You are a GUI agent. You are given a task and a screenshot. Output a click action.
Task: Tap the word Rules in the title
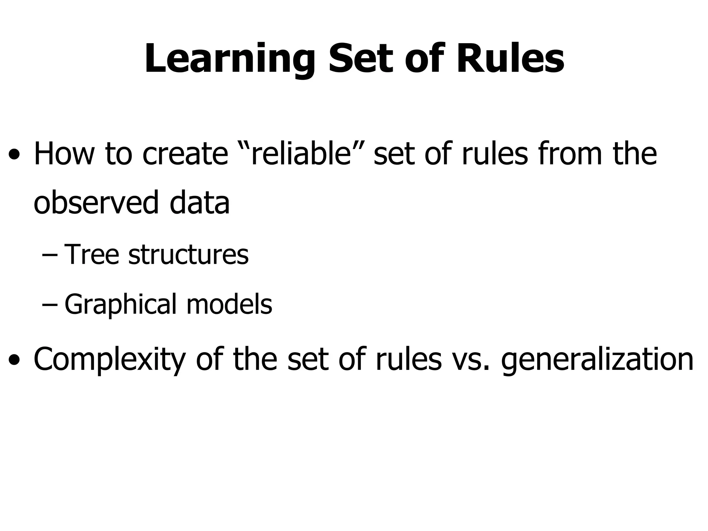pyautogui.click(x=510, y=59)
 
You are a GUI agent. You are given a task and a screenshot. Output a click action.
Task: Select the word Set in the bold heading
pyautogui.click(x=361, y=59)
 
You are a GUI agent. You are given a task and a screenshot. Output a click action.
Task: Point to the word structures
pyautogui.click(x=188, y=255)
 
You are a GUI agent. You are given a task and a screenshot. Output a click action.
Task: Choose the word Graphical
pyautogui.click(x=120, y=304)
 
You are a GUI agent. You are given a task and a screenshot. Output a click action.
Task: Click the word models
pyautogui.click(x=229, y=304)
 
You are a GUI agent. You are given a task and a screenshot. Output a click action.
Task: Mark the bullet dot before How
pyautogui.click(x=14, y=155)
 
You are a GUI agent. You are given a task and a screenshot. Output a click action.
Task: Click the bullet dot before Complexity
pyautogui.click(x=14, y=361)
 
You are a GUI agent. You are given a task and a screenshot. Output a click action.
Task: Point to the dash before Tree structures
pyautogui.click(x=49, y=257)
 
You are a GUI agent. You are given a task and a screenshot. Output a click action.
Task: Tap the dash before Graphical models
pyautogui.click(x=49, y=306)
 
